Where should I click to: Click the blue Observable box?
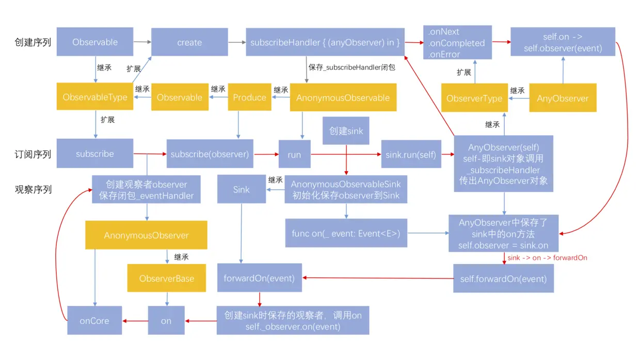(95, 42)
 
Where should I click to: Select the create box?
(189, 42)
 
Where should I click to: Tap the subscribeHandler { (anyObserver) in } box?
(325, 42)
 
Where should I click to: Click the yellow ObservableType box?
(95, 97)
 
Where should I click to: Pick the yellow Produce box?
(249, 97)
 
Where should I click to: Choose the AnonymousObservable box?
(343, 97)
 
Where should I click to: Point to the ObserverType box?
(474, 98)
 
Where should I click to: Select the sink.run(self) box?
(411, 154)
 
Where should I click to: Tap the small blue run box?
(295, 154)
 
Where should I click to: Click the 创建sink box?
(346, 130)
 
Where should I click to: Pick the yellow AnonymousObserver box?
(146, 235)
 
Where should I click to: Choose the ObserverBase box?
(167, 279)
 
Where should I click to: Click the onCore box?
(94, 320)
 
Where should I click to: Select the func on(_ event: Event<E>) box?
(346, 233)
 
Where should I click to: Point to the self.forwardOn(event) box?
(503, 279)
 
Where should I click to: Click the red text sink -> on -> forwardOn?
(547, 257)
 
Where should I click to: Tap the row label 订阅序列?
(33, 154)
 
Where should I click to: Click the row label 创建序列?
(33, 42)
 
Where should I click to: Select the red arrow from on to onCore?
(135, 321)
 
